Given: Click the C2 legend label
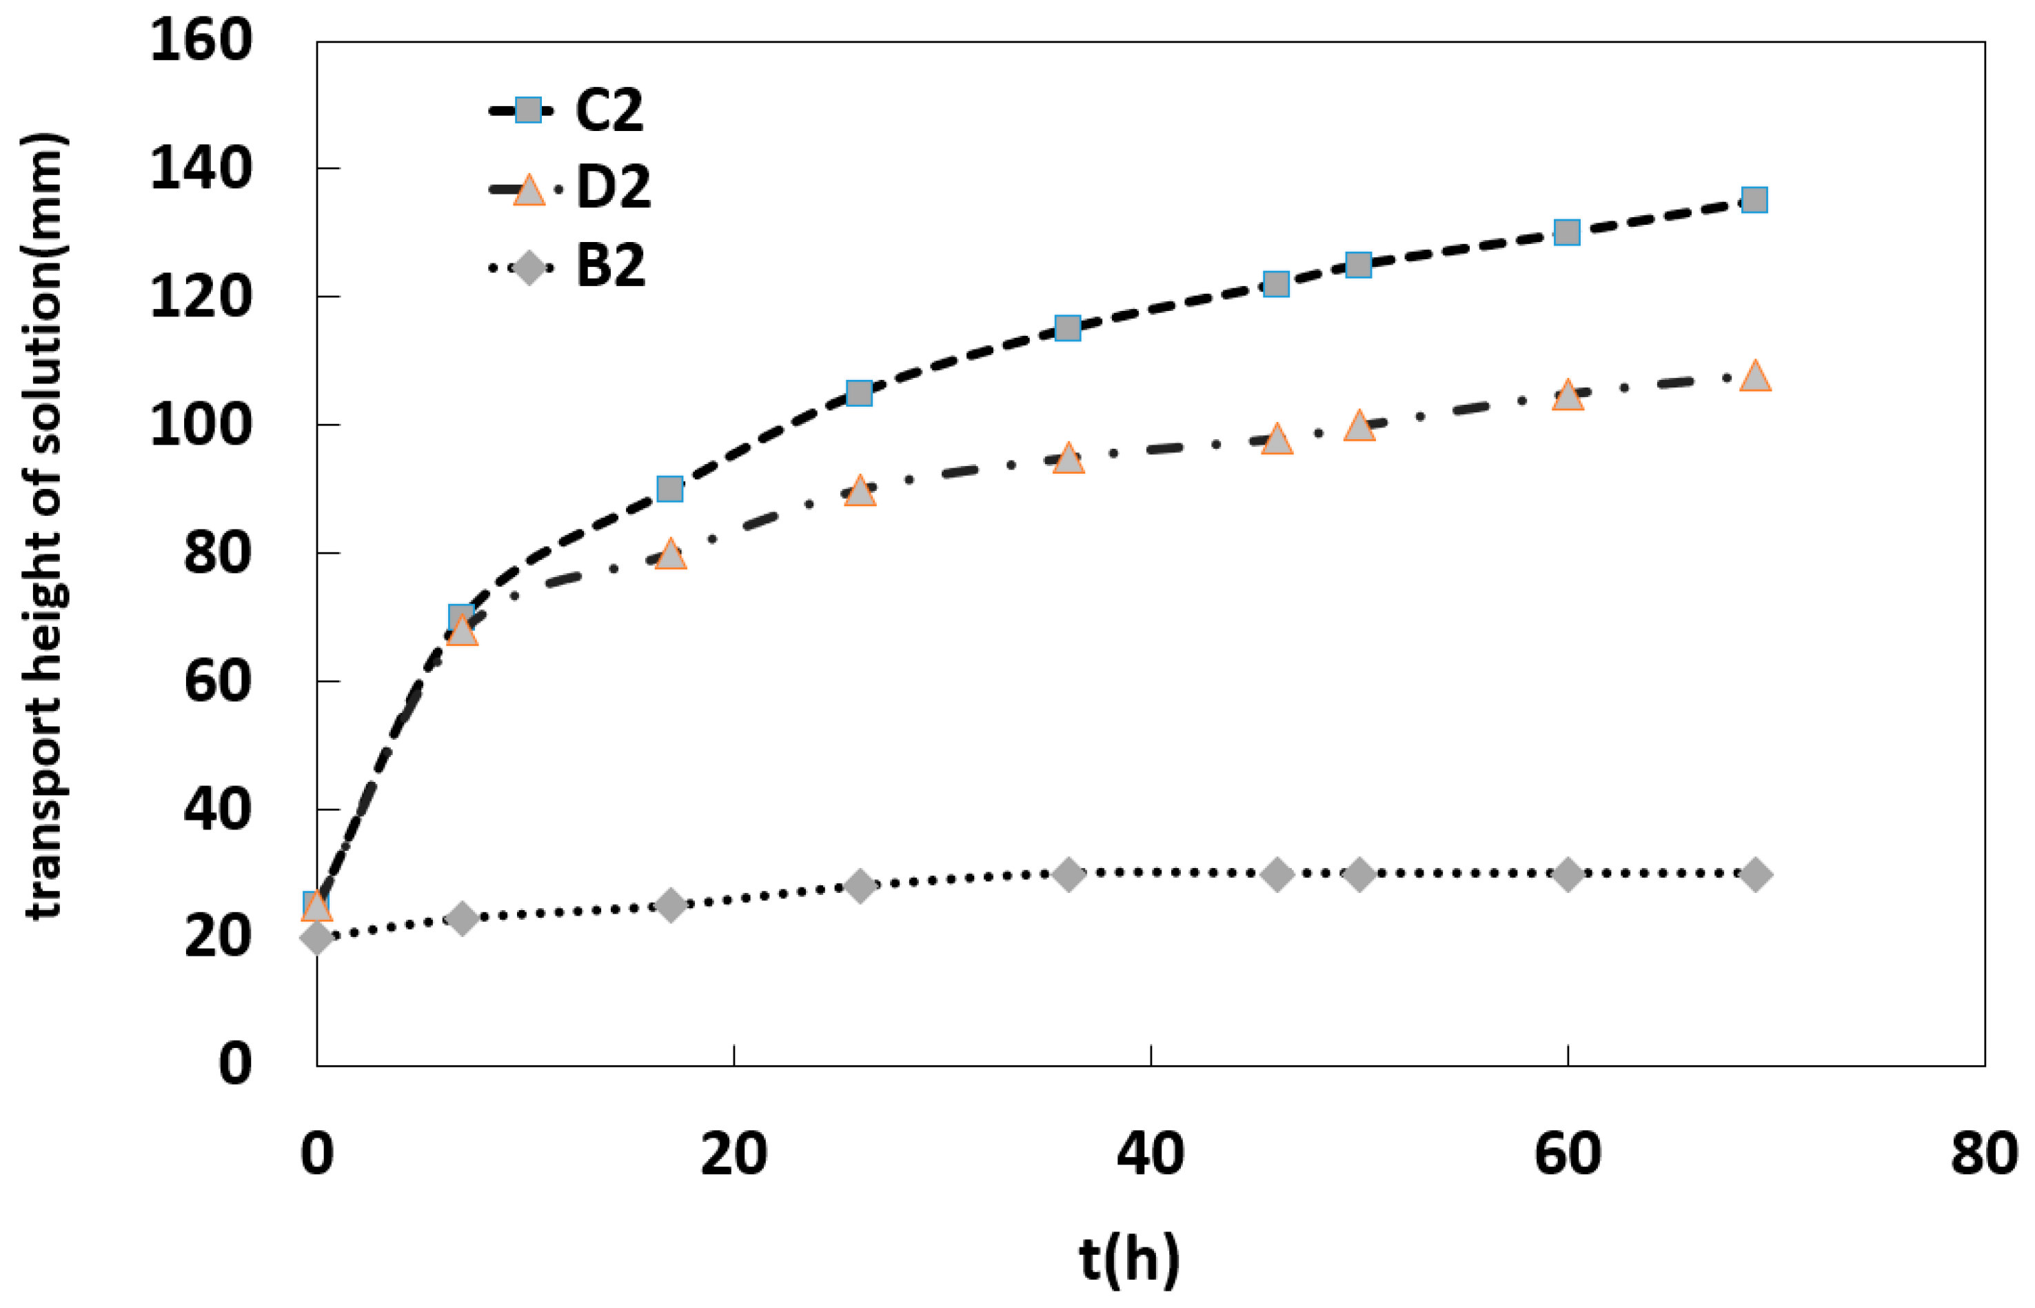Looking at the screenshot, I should pos(609,110).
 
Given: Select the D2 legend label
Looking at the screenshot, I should pos(613,188).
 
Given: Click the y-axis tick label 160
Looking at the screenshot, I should pos(201,41).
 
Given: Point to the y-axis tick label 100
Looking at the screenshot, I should pos(201,425).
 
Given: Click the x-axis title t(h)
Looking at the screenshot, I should pos(1129,1259).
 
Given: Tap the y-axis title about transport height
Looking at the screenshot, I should pos(44,527).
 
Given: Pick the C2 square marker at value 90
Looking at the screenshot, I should pos(671,490).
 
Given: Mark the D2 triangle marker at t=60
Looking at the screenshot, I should pos(1567,396).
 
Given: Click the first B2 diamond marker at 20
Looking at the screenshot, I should pos(316,938).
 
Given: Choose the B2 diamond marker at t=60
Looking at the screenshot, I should pos(1567,875).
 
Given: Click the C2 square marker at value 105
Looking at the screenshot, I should pos(859,393).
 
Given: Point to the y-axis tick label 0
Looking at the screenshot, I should pos(234,1064).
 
